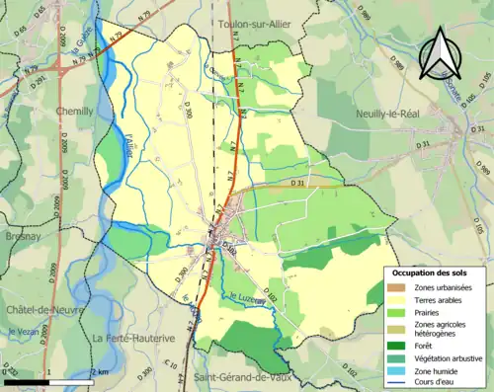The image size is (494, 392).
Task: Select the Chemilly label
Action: click(x=75, y=112)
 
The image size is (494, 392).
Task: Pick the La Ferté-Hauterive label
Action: click(x=134, y=338)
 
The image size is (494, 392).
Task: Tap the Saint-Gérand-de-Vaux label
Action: click(x=245, y=376)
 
